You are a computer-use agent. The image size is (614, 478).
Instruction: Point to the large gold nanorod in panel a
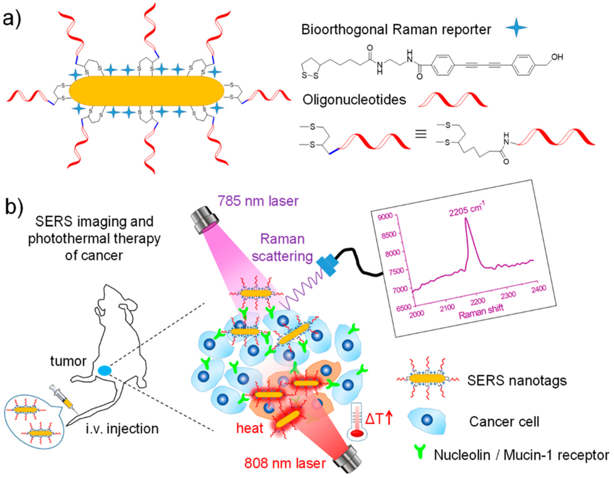[146, 91]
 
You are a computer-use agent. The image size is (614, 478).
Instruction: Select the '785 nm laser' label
[258, 201]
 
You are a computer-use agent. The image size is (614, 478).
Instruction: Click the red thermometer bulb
[357, 433]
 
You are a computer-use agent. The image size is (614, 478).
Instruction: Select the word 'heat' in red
[250, 428]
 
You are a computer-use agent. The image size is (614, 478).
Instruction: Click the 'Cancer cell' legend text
[504, 422]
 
